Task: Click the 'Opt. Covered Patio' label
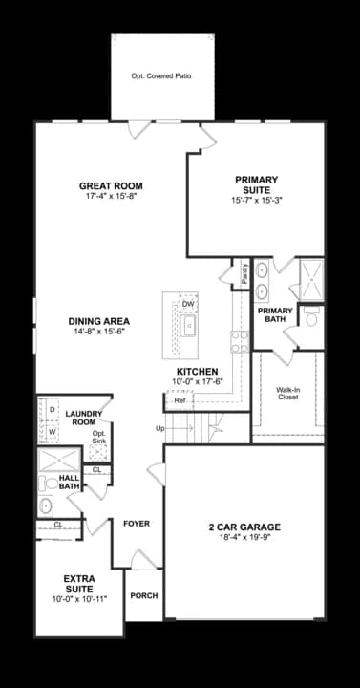pos(161,75)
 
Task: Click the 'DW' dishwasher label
pos(188,304)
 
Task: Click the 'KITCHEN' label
pos(197,372)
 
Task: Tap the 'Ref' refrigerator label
pos(179,400)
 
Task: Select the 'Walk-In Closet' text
pos(288,393)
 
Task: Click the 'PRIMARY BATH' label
pos(276,314)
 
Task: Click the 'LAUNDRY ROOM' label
pos(84,417)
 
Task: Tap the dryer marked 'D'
pos(52,409)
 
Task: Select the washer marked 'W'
pos(52,431)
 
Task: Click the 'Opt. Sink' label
pos(98,437)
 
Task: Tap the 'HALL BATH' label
pos(70,482)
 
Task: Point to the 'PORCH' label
pos(144,595)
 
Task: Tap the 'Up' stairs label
pos(159,428)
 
